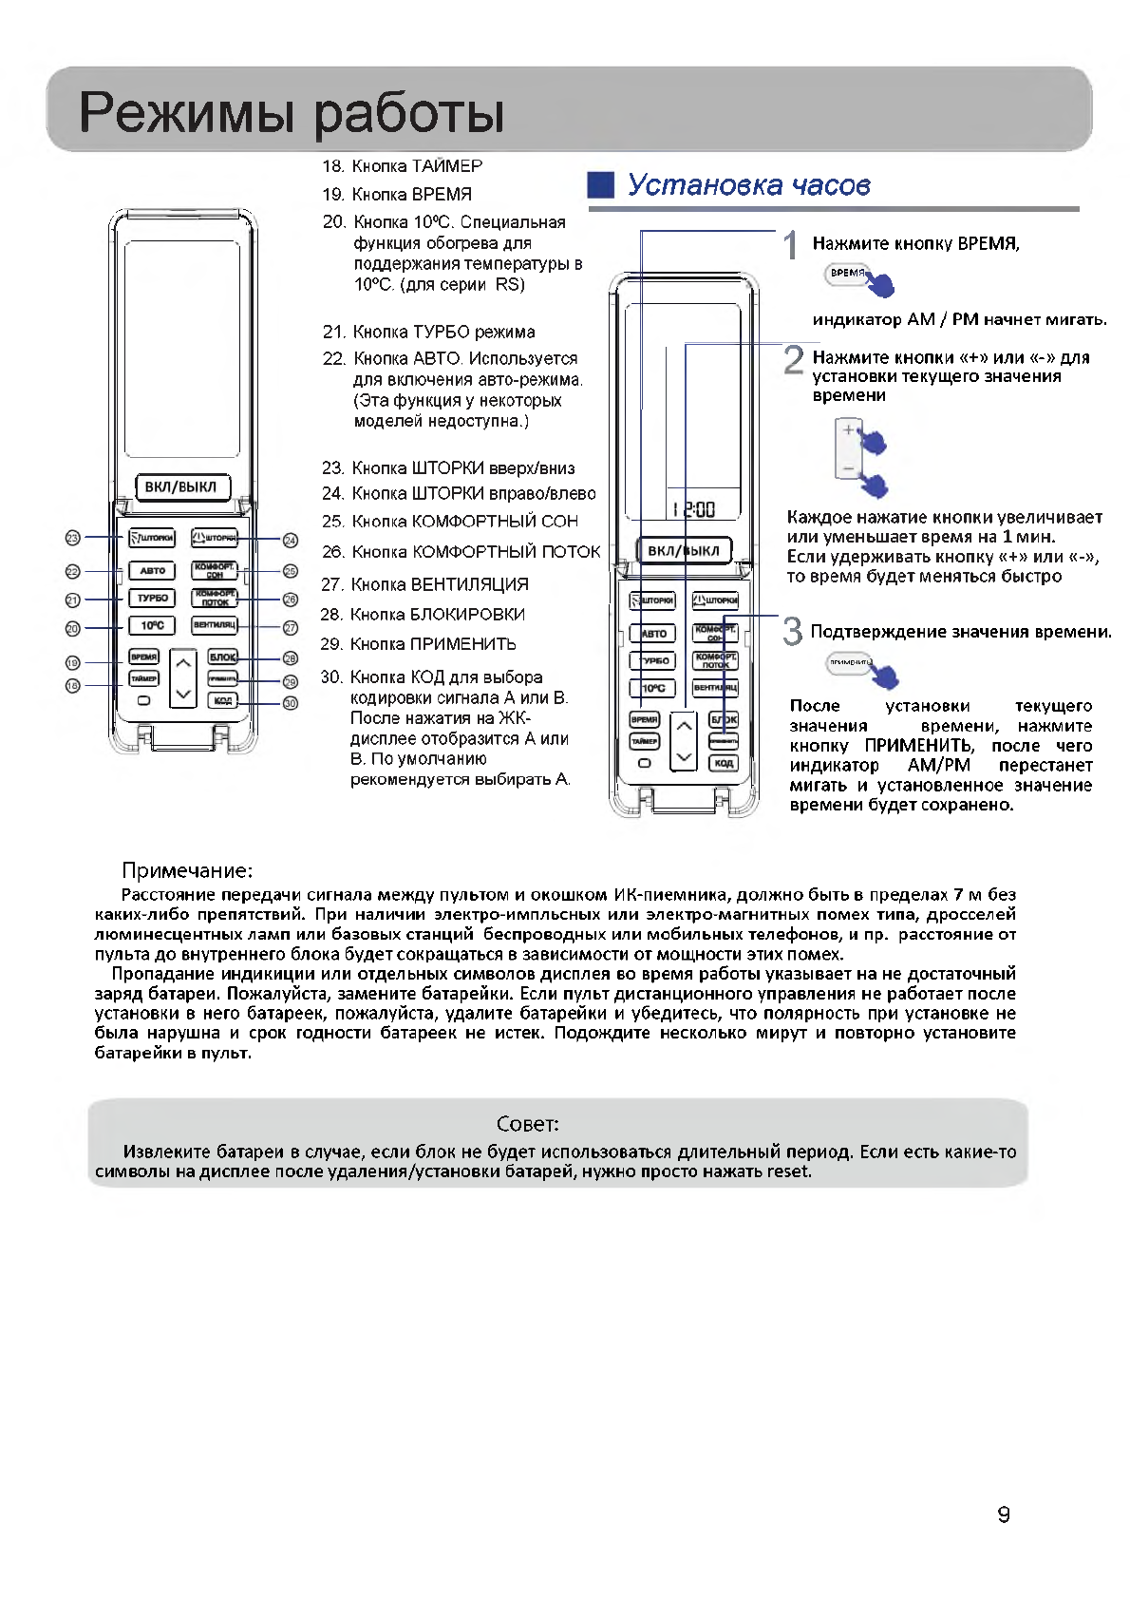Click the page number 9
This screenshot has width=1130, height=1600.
(1004, 1514)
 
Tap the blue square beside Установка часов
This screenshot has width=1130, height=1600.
(601, 185)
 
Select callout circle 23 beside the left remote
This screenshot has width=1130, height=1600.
(73, 538)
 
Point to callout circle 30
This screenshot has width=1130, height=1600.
(291, 703)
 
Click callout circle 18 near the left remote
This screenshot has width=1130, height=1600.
(73, 685)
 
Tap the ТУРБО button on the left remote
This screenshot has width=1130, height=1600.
(152, 599)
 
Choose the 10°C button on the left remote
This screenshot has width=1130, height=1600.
(152, 625)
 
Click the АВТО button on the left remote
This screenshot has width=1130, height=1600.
(152, 571)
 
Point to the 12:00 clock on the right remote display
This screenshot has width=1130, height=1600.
(692, 509)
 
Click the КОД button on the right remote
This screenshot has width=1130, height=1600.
(724, 763)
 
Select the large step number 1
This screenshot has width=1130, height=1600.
(790, 245)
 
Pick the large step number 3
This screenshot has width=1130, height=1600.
(792, 631)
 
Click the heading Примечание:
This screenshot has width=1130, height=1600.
(187, 870)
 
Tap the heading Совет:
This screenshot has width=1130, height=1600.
(528, 1125)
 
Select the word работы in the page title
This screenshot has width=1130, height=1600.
(408, 113)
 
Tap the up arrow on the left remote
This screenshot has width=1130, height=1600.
(183, 662)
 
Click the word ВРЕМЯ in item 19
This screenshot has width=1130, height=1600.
(442, 194)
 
